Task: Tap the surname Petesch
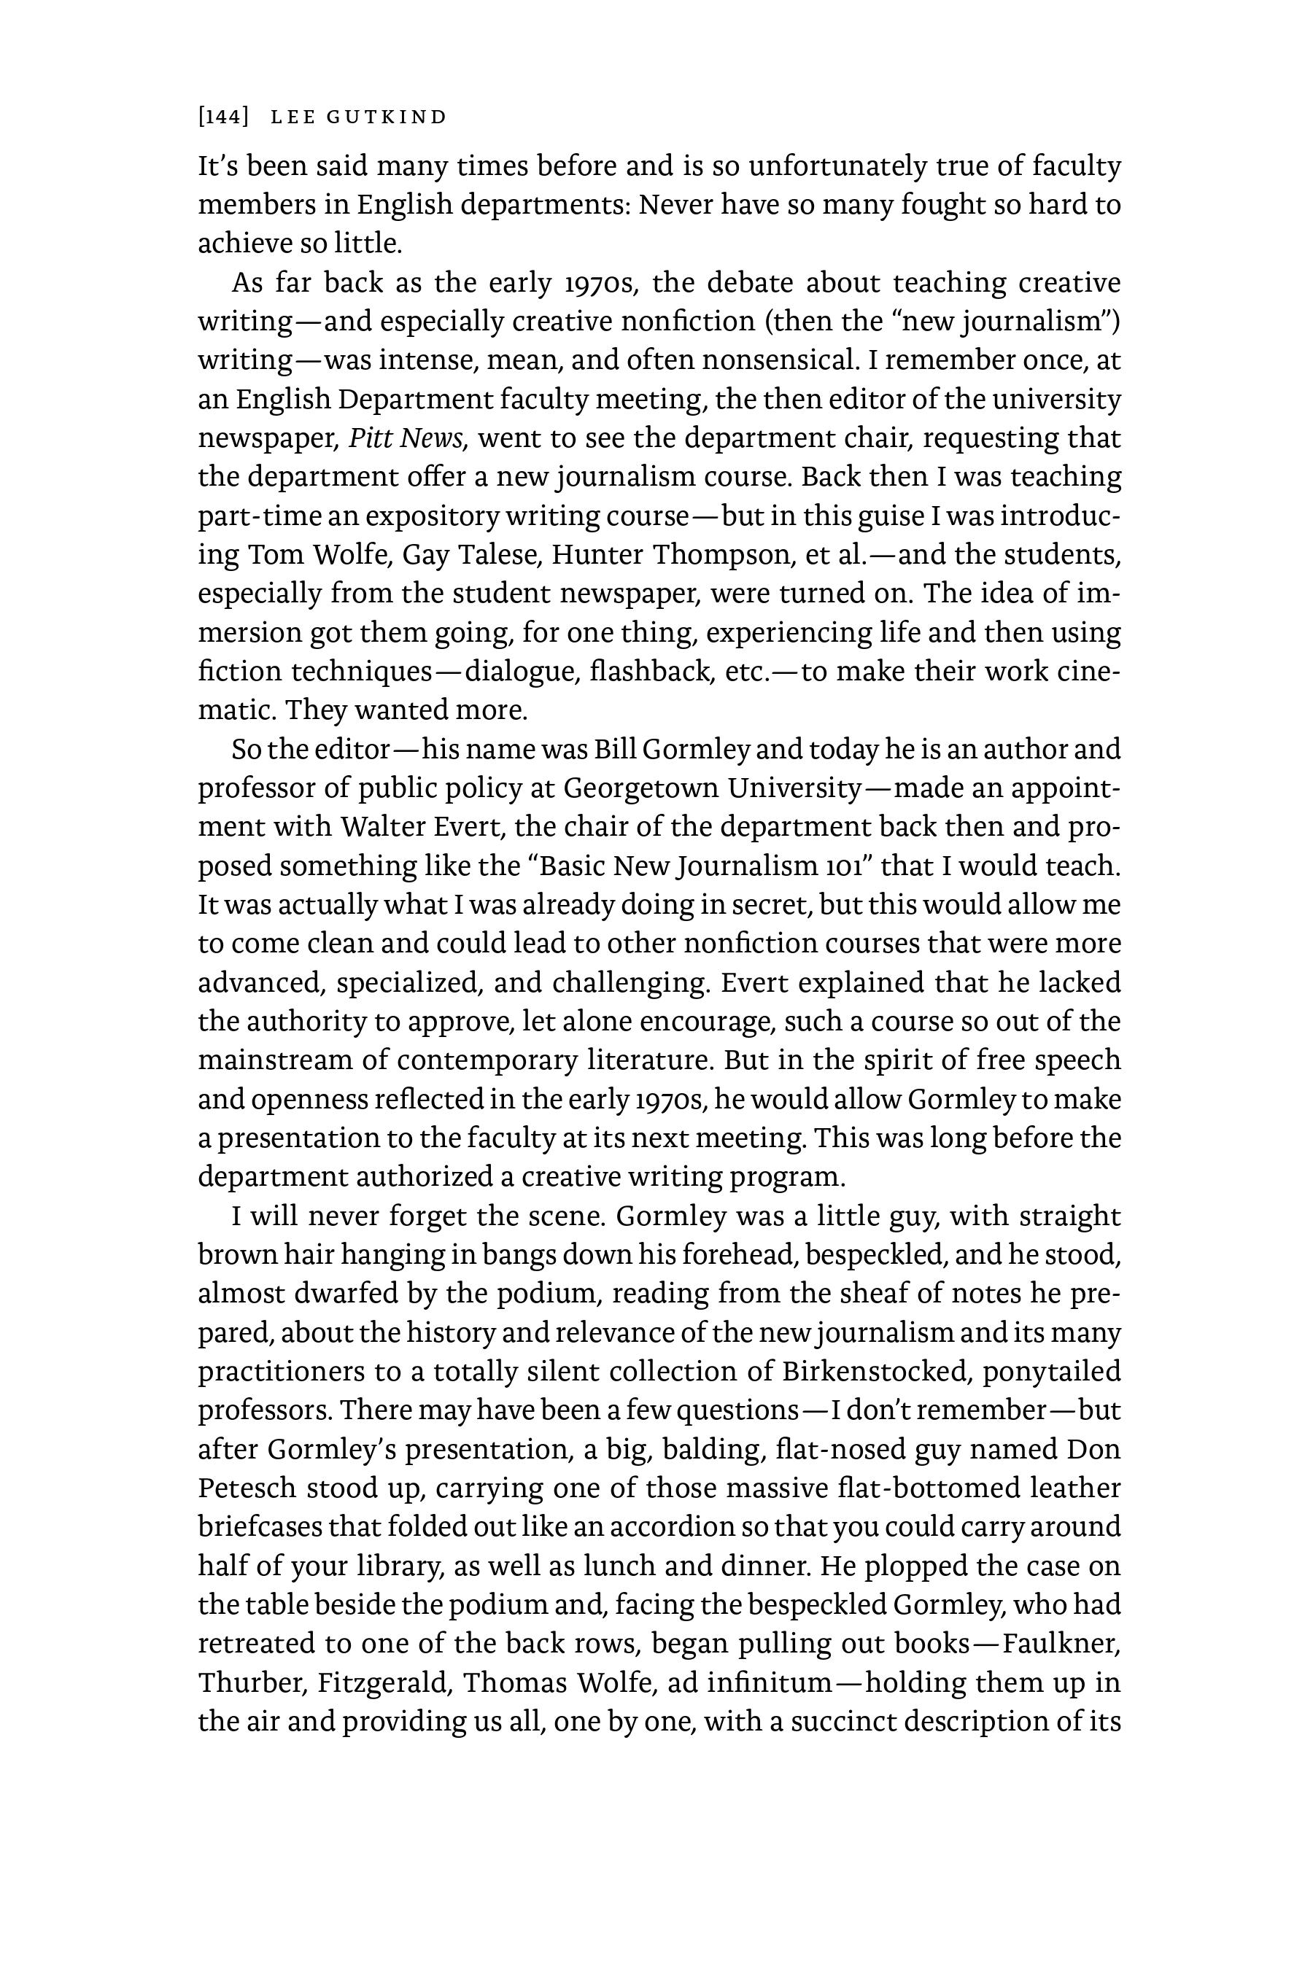click(247, 1488)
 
